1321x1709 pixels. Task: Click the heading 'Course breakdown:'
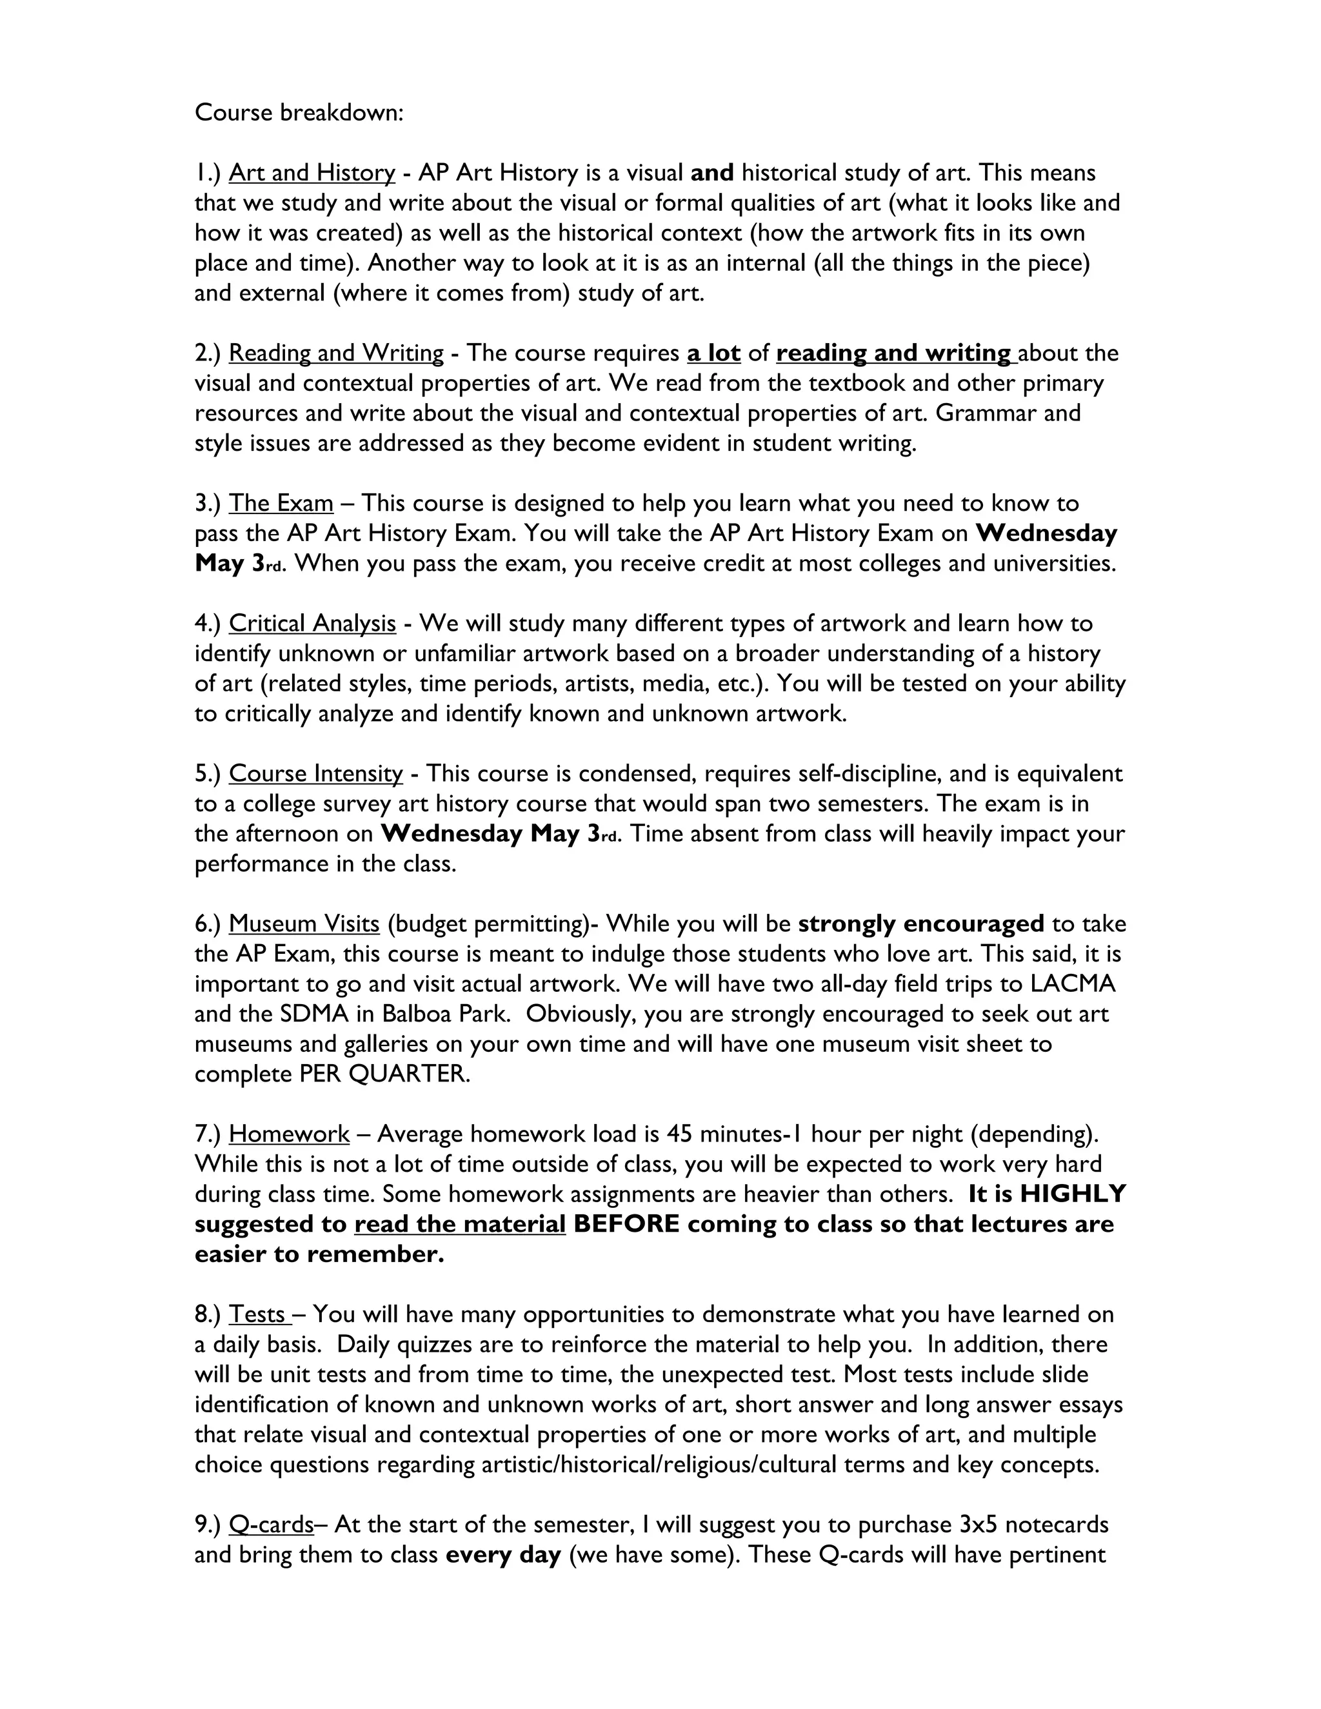(x=299, y=113)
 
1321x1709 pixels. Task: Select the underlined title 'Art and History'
(x=312, y=173)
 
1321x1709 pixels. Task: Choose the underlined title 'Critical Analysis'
(x=312, y=624)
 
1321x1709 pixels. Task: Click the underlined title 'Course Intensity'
(x=315, y=774)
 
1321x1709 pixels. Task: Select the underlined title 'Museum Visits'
(x=304, y=924)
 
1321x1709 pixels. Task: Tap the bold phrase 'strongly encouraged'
(x=920, y=924)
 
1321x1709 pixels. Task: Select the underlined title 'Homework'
(x=289, y=1134)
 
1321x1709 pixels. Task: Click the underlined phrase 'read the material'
(x=459, y=1225)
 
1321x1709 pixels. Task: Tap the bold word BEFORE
(x=626, y=1225)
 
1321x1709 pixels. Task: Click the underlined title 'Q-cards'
(x=271, y=1525)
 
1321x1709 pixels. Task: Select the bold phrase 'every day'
(x=503, y=1555)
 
